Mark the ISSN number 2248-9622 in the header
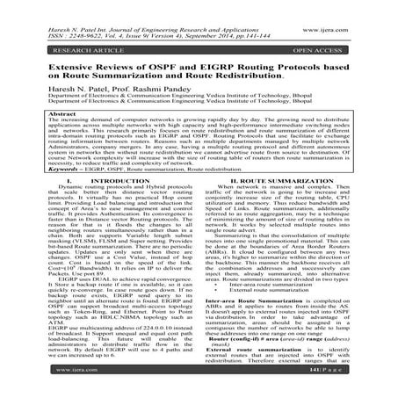78,19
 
